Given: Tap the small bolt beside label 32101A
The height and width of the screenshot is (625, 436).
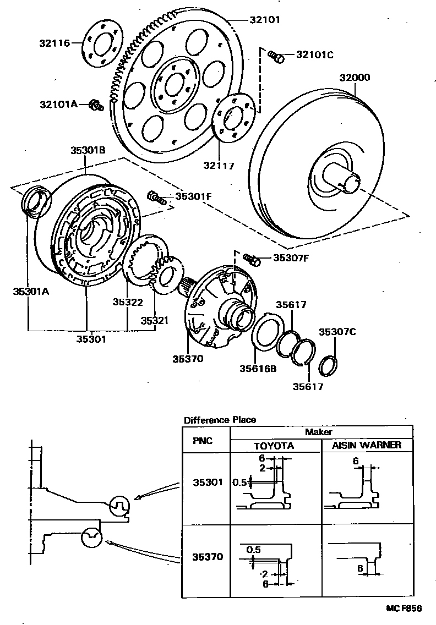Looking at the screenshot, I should click(x=96, y=105).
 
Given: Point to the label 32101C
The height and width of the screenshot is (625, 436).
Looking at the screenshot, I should click(x=315, y=54).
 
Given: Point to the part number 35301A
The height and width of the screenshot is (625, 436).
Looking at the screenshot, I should click(x=31, y=292).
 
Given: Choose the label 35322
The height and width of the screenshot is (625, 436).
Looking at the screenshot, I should click(x=128, y=302).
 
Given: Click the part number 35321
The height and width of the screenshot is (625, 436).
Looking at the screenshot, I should click(x=155, y=320).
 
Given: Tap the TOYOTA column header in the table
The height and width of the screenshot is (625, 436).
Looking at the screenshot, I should click(x=274, y=445).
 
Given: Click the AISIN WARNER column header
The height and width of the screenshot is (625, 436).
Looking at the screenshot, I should click(x=366, y=445).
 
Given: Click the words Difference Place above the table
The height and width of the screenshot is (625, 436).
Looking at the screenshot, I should click(x=220, y=420).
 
